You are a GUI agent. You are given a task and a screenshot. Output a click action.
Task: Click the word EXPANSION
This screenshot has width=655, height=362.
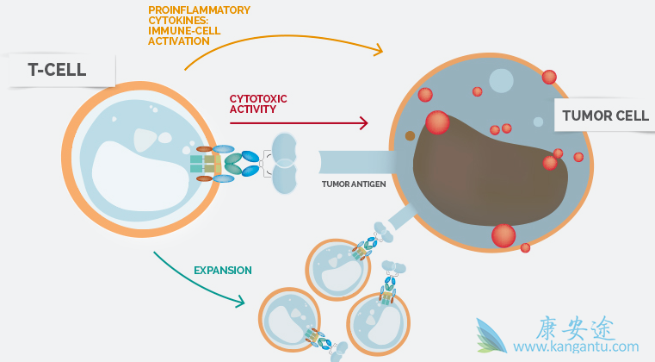[222, 270]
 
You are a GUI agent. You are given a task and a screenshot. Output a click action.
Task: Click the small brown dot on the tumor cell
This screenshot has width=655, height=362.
[411, 135]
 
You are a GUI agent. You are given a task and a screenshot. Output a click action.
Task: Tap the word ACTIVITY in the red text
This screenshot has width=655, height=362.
[253, 109]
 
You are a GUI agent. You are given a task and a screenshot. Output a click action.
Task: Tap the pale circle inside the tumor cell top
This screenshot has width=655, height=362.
[501, 80]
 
